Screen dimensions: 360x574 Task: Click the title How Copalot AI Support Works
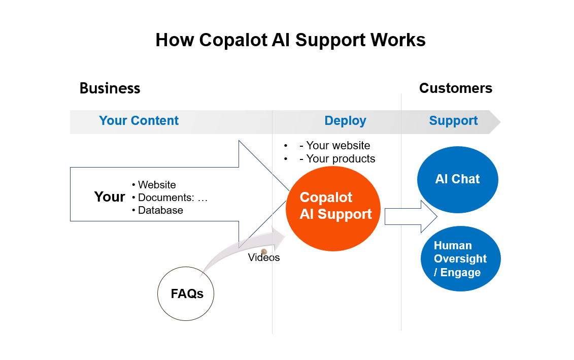click(x=290, y=40)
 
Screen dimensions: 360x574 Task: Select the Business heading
click(x=110, y=88)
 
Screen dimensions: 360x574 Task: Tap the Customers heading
click(x=455, y=88)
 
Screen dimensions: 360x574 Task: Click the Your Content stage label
click(x=139, y=121)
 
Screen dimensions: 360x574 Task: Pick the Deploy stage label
click(x=345, y=121)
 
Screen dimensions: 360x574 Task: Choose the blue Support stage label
click(x=453, y=121)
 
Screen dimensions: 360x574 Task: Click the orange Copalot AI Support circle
click(x=333, y=208)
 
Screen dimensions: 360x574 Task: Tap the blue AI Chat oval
click(x=457, y=179)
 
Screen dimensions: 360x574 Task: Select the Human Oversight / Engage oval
click(x=460, y=259)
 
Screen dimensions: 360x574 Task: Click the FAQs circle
click(x=186, y=294)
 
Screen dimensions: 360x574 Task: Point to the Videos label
click(x=264, y=258)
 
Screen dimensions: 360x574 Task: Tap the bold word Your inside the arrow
click(x=110, y=197)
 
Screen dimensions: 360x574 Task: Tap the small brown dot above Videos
click(x=264, y=252)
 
